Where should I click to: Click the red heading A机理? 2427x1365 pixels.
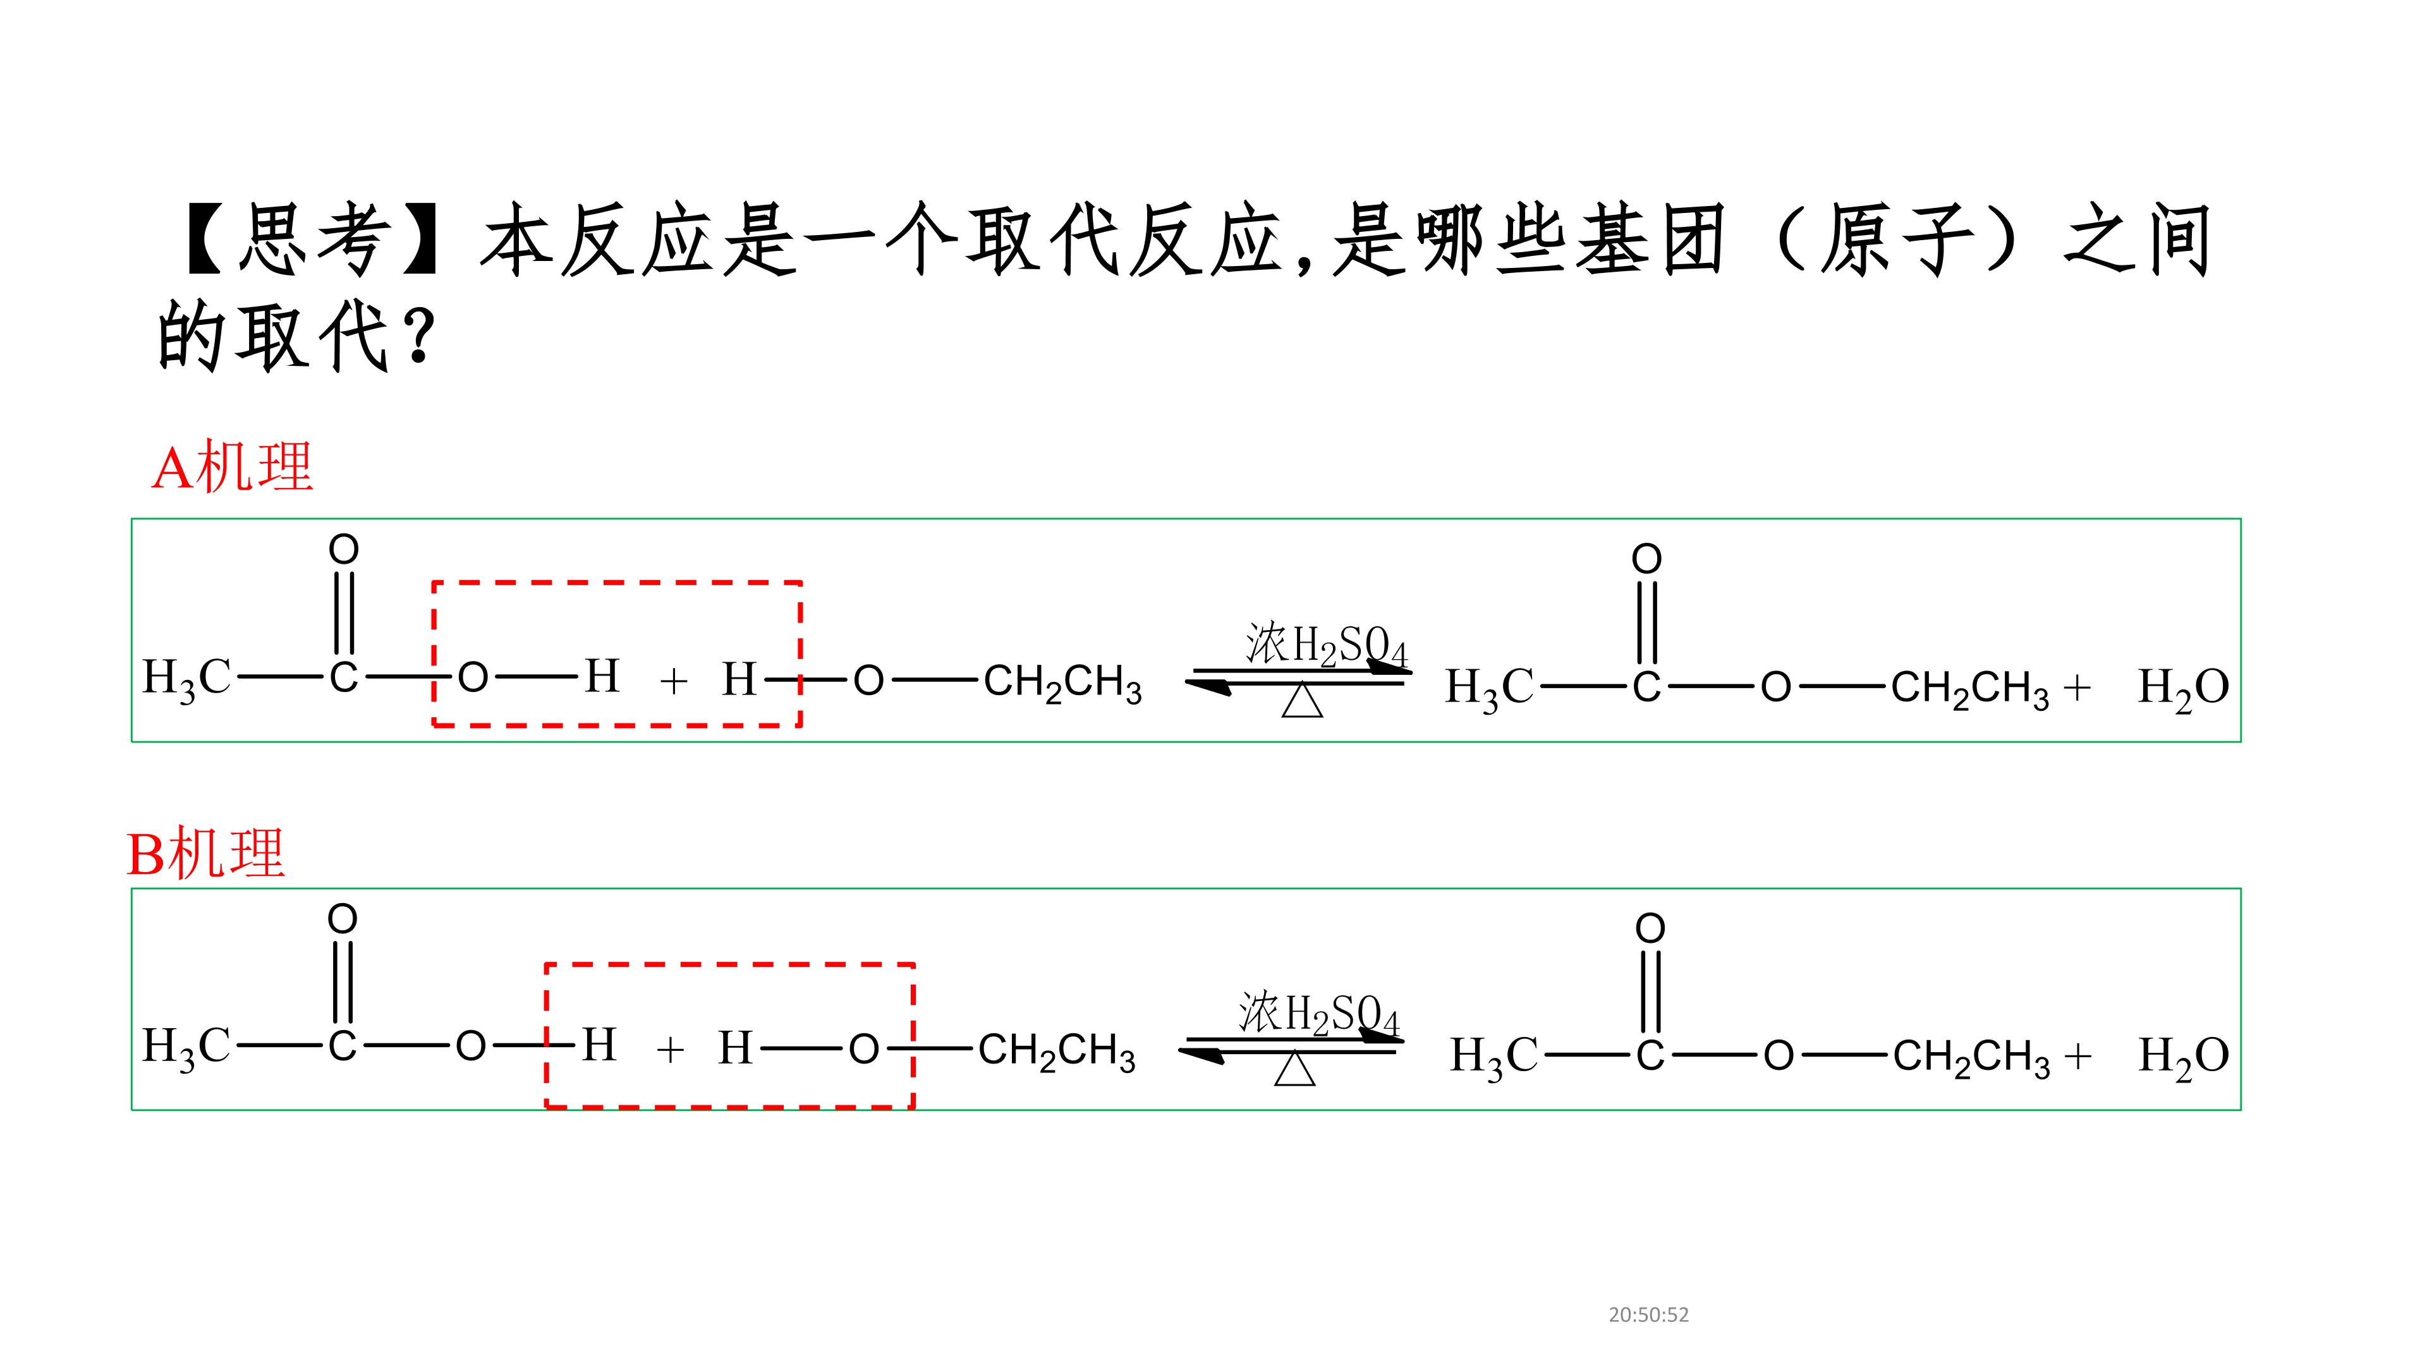[x=232, y=466]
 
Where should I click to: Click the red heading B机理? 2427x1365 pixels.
[x=205, y=854]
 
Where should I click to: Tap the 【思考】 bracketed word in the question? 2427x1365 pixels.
[x=312, y=240]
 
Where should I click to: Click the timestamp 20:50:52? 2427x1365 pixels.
[x=1649, y=1314]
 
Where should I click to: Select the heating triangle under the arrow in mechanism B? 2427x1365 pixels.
[x=1294, y=1069]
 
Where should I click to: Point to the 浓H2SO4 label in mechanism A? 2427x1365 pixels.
[x=1325, y=645]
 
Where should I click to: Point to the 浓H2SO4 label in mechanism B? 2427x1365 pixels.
[x=1319, y=1014]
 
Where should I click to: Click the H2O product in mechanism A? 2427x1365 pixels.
[x=2183, y=688]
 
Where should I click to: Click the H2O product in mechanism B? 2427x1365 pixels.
[x=2183, y=1056]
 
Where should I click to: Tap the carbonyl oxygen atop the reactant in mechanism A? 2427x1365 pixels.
[x=344, y=549]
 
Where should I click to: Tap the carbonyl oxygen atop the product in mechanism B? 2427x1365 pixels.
[x=1650, y=928]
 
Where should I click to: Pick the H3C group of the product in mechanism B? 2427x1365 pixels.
[x=1494, y=1056]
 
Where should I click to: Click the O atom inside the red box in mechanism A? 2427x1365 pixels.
[x=473, y=677]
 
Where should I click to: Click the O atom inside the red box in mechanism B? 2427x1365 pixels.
[x=864, y=1048]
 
